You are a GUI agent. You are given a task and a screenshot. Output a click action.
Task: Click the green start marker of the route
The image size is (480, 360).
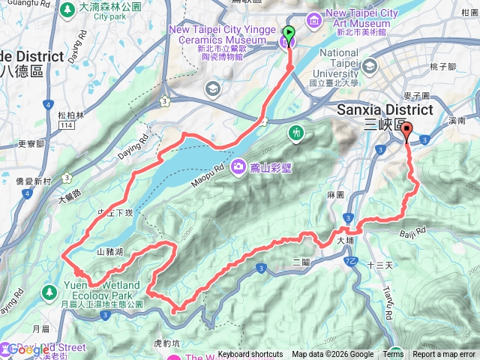(287, 34)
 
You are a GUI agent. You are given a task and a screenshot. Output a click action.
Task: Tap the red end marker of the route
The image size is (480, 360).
(407, 131)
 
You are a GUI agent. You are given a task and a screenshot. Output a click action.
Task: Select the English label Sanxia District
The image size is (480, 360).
(375, 109)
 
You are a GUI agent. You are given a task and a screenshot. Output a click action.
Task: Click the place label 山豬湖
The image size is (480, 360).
(110, 253)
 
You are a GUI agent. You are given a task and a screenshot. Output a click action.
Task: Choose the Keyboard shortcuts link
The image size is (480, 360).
(250, 355)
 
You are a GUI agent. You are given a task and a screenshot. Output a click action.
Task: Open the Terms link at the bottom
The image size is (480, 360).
(393, 355)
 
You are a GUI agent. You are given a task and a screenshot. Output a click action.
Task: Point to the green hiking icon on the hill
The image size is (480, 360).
(298, 133)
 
